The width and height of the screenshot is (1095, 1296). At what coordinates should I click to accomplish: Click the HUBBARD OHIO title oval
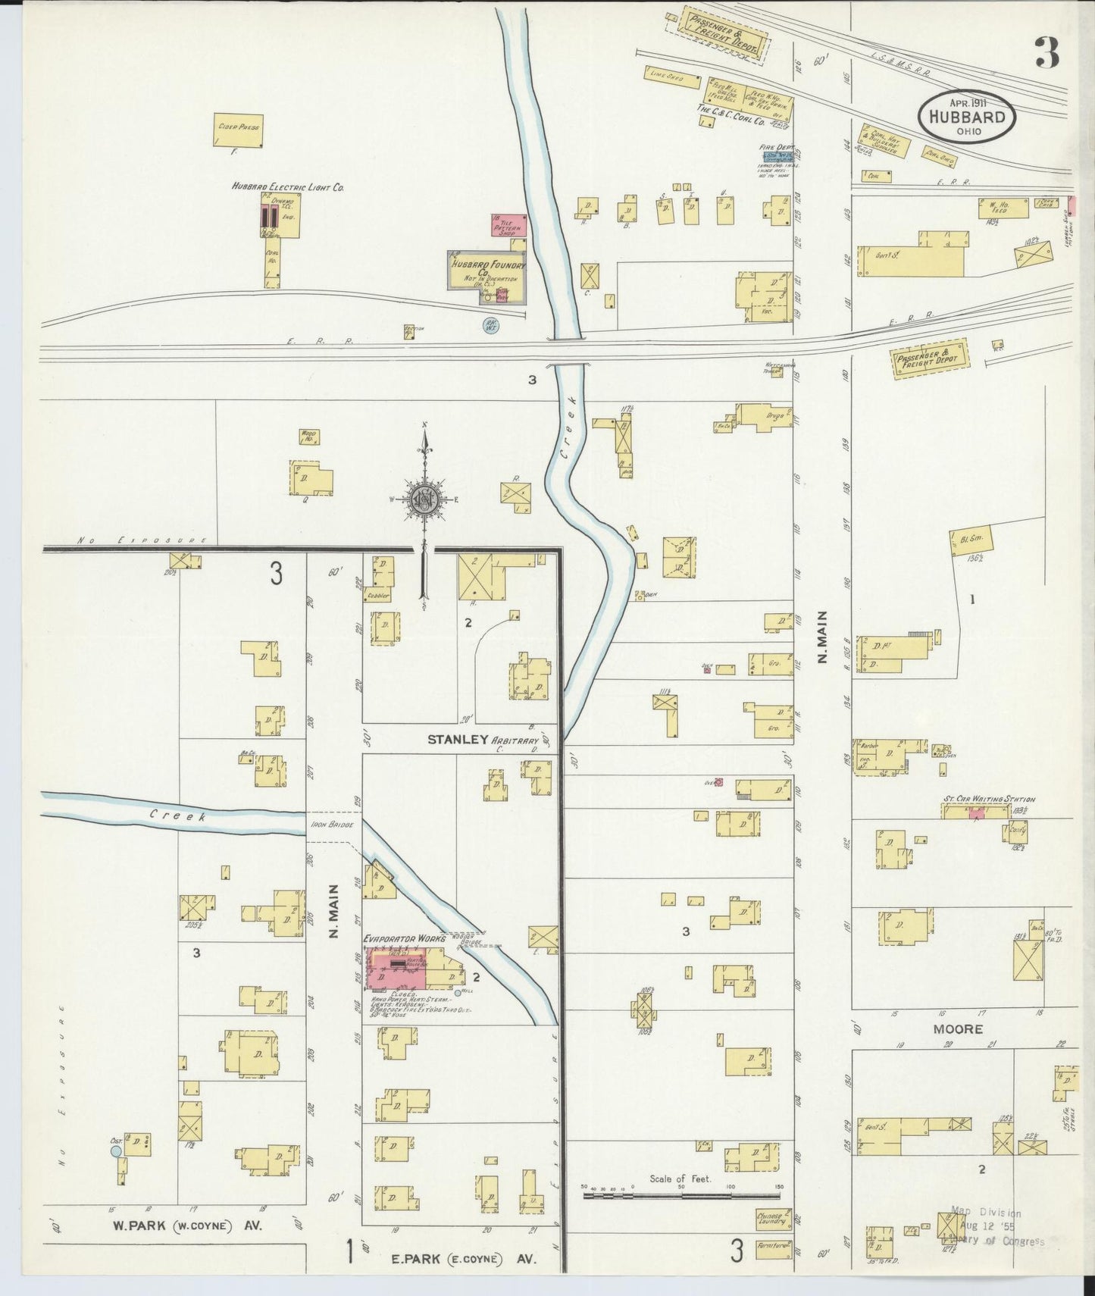tap(967, 117)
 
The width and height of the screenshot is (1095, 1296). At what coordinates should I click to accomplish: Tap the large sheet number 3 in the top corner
tap(1046, 53)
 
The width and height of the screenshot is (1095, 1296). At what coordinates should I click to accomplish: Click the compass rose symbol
tap(425, 499)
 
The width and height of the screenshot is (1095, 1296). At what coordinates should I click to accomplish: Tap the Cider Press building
tap(237, 130)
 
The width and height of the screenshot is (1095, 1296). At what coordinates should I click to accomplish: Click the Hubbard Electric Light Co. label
tap(288, 186)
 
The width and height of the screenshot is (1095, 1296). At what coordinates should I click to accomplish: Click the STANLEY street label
tap(458, 739)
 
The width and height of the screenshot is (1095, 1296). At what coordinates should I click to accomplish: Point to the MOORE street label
tap(958, 1029)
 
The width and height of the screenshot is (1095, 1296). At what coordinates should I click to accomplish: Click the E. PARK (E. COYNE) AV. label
tap(464, 1259)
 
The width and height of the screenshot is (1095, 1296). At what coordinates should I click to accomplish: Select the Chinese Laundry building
tap(773, 1219)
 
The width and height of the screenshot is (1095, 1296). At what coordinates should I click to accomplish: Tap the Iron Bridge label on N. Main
tap(332, 825)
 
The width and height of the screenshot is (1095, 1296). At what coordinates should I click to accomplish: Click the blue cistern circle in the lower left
tap(116, 1150)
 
